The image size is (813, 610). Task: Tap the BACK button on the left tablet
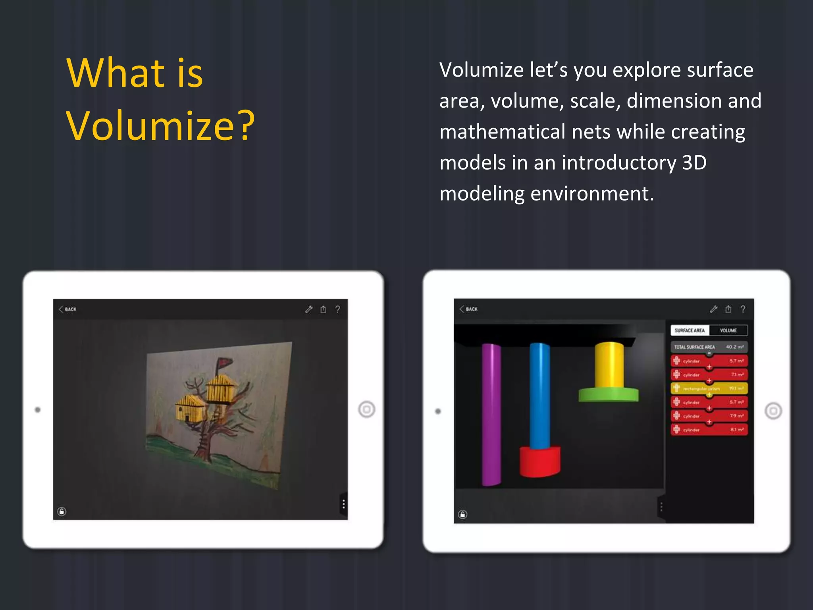point(68,309)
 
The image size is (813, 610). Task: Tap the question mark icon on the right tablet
point(743,309)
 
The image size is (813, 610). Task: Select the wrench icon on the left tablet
point(309,309)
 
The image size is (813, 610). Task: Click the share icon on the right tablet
point(728,309)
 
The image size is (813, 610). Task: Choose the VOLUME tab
point(728,330)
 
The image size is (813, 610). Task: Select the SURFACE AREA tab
point(690,330)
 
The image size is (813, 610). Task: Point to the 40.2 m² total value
point(735,347)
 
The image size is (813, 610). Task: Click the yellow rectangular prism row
point(709,388)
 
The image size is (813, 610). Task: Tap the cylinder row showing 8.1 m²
point(709,430)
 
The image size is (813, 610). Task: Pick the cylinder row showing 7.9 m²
point(709,416)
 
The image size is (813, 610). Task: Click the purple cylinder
point(491,413)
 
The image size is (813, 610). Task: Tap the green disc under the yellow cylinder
point(608,395)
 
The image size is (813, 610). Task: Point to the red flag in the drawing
point(225,363)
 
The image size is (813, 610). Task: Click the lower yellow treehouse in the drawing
point(191,409)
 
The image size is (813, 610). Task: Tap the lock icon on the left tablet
point(62,512)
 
